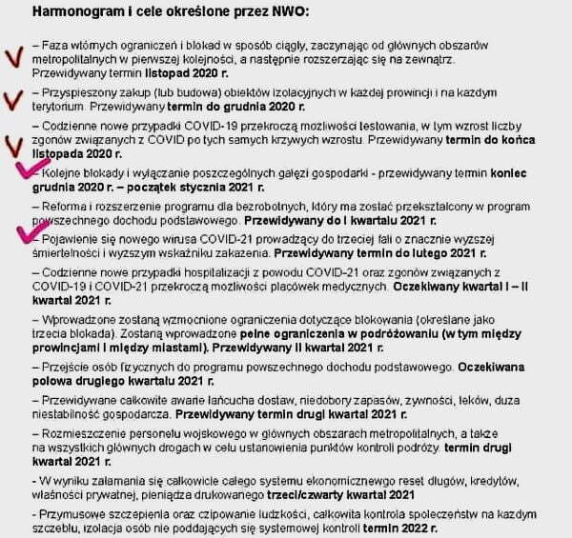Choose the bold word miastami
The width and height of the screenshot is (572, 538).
pos(183,348)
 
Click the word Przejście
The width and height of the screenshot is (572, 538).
pos(66,367)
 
